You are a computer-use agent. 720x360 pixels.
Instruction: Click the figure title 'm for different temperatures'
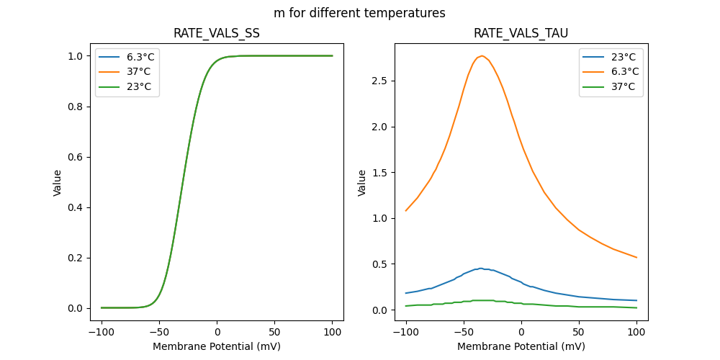pyautogui.click(x=359, y=13)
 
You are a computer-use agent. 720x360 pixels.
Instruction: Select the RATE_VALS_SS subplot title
pyautogui.click(x=217, y=33)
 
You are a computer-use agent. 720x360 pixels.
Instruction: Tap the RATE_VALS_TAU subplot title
pyautogui.click(x=521, y=33)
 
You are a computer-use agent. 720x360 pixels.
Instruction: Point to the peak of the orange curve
pyautogui.click(x=482, y=56)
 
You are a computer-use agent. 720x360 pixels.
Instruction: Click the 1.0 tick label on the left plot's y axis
pyautogui.click(x=75, y=56)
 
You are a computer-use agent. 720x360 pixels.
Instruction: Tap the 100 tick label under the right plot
pyautogui.click(x=636, y=333)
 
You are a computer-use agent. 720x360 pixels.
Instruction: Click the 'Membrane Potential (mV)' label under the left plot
pyautogui.click(x=217, y=346)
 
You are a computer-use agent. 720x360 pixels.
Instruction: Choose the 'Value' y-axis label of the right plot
pyautogui.click(x=362, y=182)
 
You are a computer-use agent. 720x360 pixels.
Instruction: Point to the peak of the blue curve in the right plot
pyautogui.click(x=481, y=269)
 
